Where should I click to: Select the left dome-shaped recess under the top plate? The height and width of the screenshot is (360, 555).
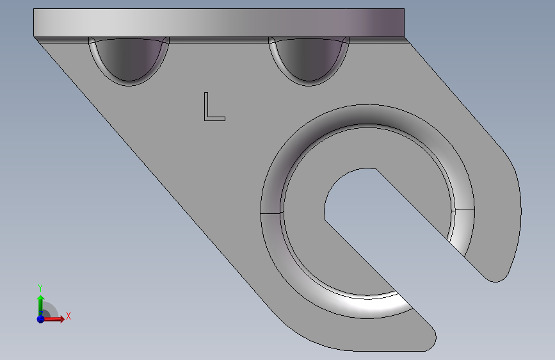(x=129, y=59)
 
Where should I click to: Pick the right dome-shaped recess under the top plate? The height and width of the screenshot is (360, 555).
(x=309, y=59)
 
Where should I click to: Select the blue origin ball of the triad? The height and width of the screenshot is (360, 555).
(x=40, y=318)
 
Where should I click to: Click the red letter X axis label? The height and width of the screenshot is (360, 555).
(x=68, y=316)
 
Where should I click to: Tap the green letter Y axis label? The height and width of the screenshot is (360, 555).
(x=40, y=288)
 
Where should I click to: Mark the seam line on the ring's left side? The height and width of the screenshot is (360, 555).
(x=271, y=212)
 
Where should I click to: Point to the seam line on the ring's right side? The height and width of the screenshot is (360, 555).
(x=463, y=209)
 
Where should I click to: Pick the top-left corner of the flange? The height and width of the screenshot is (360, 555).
(x=34, y=10)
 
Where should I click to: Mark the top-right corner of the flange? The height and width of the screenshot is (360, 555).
(x=405, y=10)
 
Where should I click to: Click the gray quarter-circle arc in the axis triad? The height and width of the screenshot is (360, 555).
(x=53, y=308)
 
